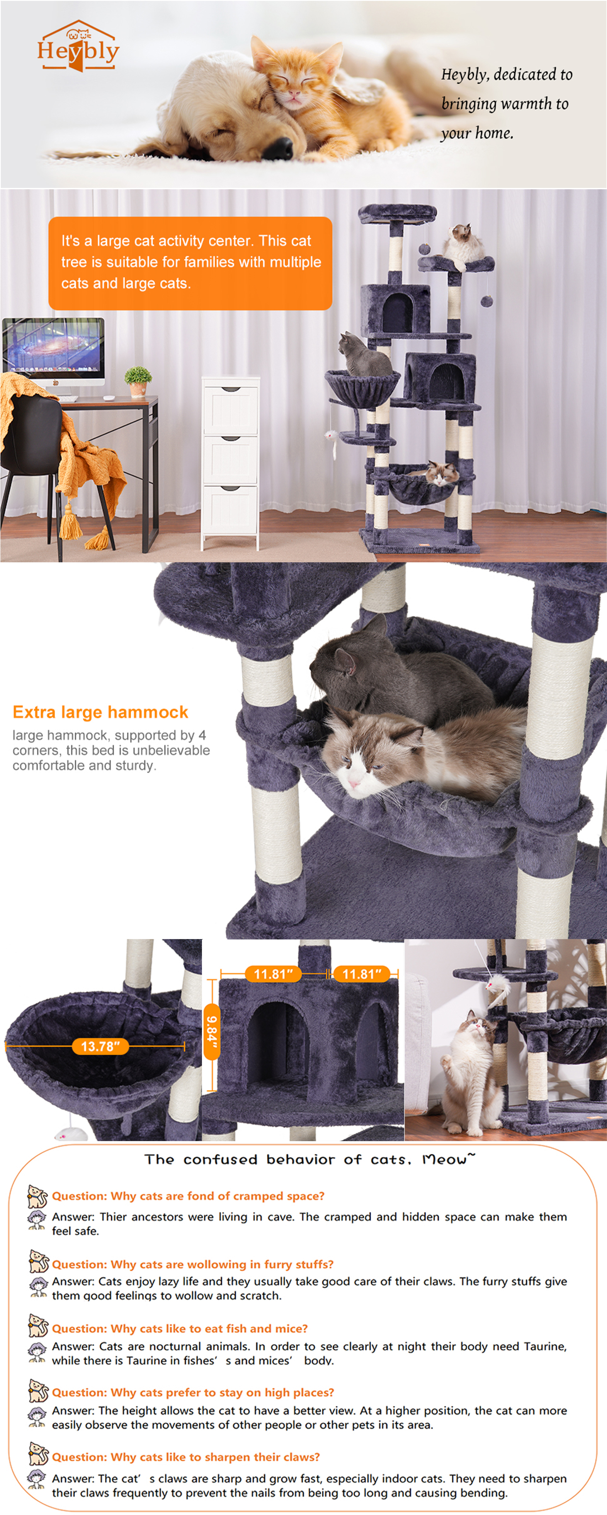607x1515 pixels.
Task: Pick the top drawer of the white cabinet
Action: tap(230, 409)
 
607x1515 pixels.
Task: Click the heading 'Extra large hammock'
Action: tap(100, 712)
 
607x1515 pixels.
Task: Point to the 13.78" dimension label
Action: tap(100, 1046)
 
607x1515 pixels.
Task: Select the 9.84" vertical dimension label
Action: tap(212, 1031)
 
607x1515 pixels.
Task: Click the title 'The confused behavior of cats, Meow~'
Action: tap(310, 1159)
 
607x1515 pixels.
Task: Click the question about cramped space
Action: tap(188, 1196)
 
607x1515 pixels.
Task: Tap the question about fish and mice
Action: tap(180, 1329)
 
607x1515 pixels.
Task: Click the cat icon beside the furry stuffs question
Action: tap(38, 1262)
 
